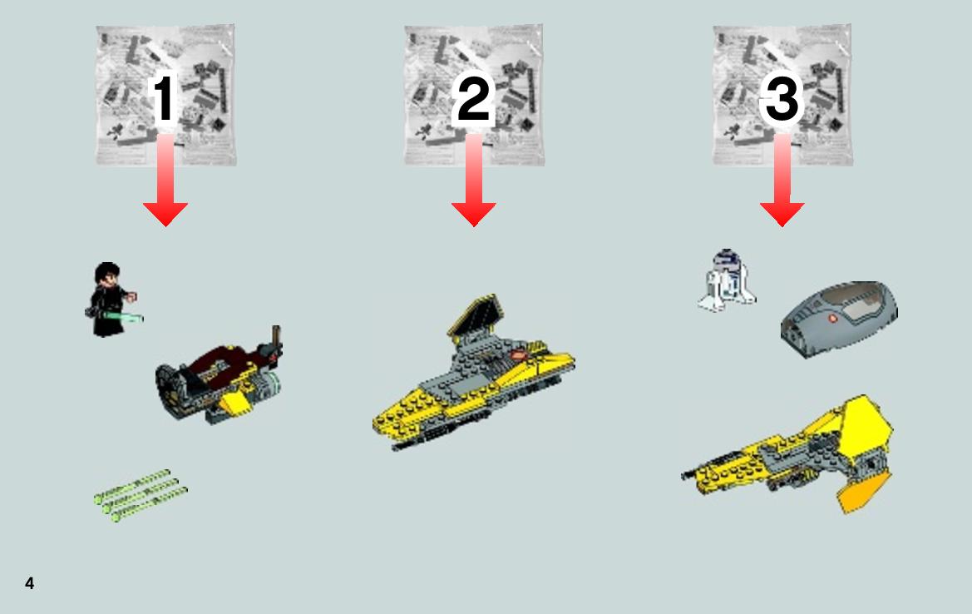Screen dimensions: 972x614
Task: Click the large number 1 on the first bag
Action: pyautogui.click(x=164, y=98)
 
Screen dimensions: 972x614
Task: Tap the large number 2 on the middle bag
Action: pyautogui.click(x=474, y=98)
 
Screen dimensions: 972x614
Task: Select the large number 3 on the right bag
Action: pyautogui.click(x=782, y=98)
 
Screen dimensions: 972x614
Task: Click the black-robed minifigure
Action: pyautogui.click(x=111, y=300)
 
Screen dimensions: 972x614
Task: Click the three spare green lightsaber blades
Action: pyautogui.click(x=141, y=495)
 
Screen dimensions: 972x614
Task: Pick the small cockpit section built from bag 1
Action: pyautogui.click(x=219, y=375)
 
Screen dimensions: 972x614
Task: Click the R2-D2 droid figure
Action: pyautogui.click(x=727, y=280)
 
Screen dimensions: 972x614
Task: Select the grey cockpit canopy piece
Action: pyautogui.click(x=839, y=318)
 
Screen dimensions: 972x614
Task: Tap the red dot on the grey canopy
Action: pyautogui.click(x=832, y=319)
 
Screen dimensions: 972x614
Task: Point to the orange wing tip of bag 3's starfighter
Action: pyautogui.click(x=864, y=491)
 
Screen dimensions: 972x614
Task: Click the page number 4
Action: pyautogui.click(x=30, y=583)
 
